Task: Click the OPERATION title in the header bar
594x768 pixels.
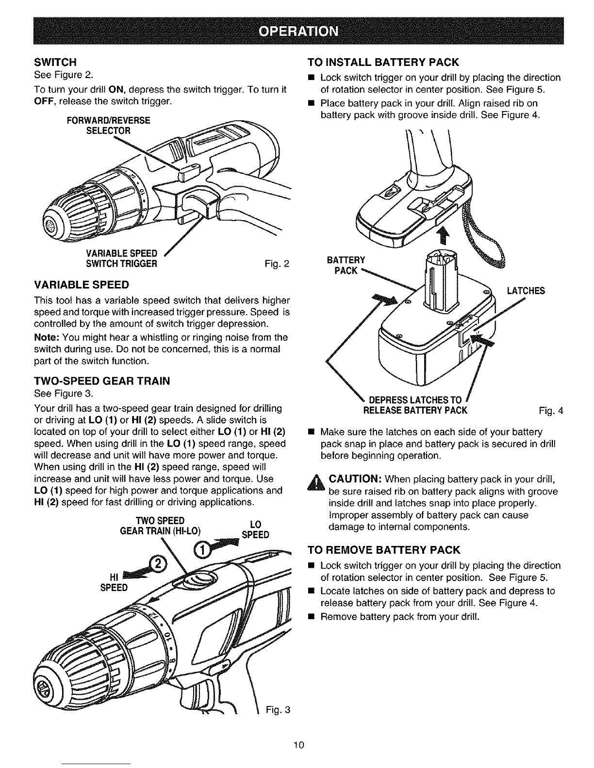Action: (x=298, y=32)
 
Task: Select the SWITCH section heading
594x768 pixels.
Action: (x=55, y=62)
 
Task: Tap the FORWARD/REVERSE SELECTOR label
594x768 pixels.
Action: (x=109, y=126)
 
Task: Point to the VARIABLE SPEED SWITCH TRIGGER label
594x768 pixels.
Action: (x=121, y=258)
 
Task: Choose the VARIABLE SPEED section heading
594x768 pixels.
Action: (x=82, y=285)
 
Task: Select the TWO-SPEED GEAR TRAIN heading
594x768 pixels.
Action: (x=102, y=381)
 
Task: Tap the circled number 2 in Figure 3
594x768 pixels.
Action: (x=157, y=563)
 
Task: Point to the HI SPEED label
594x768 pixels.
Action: (x=114, y=582)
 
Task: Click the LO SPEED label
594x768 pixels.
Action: (x=255, y=529)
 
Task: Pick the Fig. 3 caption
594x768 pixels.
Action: (x=278, y=710)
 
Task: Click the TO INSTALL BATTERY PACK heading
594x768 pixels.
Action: (x=383, y=62)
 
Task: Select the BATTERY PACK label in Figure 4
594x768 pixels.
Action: (x=346, y=265)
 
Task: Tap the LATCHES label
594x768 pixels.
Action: (x=526, y=290)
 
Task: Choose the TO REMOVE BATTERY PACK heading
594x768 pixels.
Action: (x=384, y=550)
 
